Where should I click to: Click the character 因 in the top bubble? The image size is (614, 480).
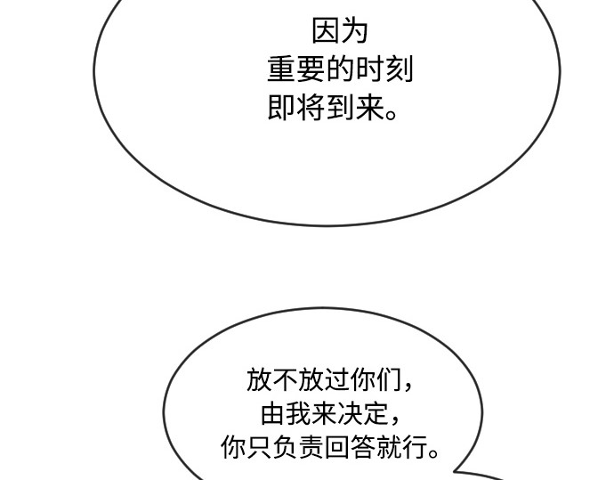pyautogui.click(x=325, y=31)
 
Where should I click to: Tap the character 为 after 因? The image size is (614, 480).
pyautogui.click(x=354, y=31)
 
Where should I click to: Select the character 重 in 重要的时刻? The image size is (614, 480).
pyautogui.click(x=281, y=69)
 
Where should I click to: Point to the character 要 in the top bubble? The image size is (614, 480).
pyautogui.click(x=311, y=69)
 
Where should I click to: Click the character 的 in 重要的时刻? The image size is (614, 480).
pyautogui.click(x=340, y=69)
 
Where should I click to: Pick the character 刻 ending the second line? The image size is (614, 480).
pyautogui.click(x=399, y=69)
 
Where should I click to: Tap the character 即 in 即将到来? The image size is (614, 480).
pyautogui.click(x=281, y=107)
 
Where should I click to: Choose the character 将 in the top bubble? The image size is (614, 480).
pyautogui.click(x=311, y=107)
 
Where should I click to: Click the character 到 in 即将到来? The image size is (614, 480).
pyautogui.click(x=340, y=107)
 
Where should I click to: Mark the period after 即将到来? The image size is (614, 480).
pyautogui.click(x=392, y=115)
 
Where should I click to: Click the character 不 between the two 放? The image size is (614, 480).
pyautogui.click(x=285, y=379)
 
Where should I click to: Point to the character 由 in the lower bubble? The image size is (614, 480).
pyautogui.click(x=272, y=413)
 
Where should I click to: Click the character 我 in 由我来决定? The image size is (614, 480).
pyautogui.click(x=298, y=413)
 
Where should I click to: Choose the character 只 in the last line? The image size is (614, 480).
pyautogui.click(x=259, y=447)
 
